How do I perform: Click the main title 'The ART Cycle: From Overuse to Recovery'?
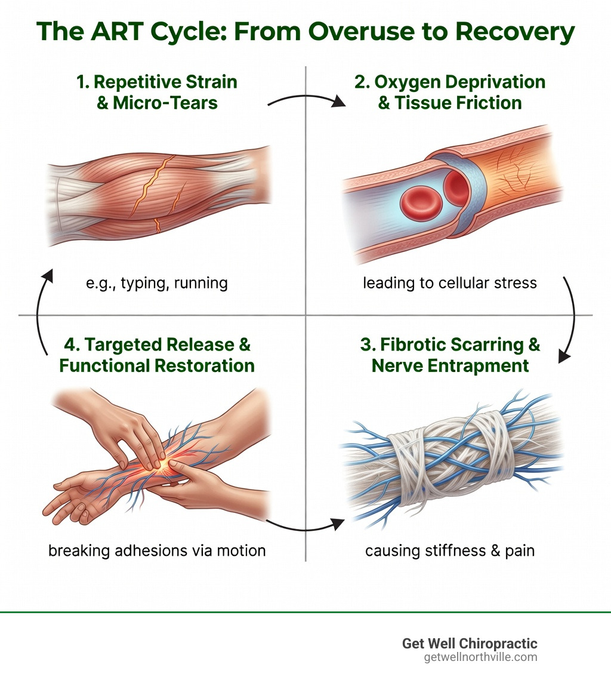pos(305,33)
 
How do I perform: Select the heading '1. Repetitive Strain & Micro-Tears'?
pos(157,93)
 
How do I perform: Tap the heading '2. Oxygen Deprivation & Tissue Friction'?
pos(450,93)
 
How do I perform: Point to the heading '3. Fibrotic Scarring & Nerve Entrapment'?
pos(450,355)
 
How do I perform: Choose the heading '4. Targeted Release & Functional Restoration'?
pos(157,355)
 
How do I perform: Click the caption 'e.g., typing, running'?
pos(157,282)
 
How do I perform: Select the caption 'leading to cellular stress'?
pos(450,282)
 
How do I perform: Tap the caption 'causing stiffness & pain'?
pos(450,549)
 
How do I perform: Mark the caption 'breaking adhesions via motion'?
pos(157,549)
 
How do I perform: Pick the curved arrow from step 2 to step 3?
pos(570,319)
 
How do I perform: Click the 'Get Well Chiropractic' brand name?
pos(470,644)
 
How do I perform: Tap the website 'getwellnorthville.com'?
pos(480,657)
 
